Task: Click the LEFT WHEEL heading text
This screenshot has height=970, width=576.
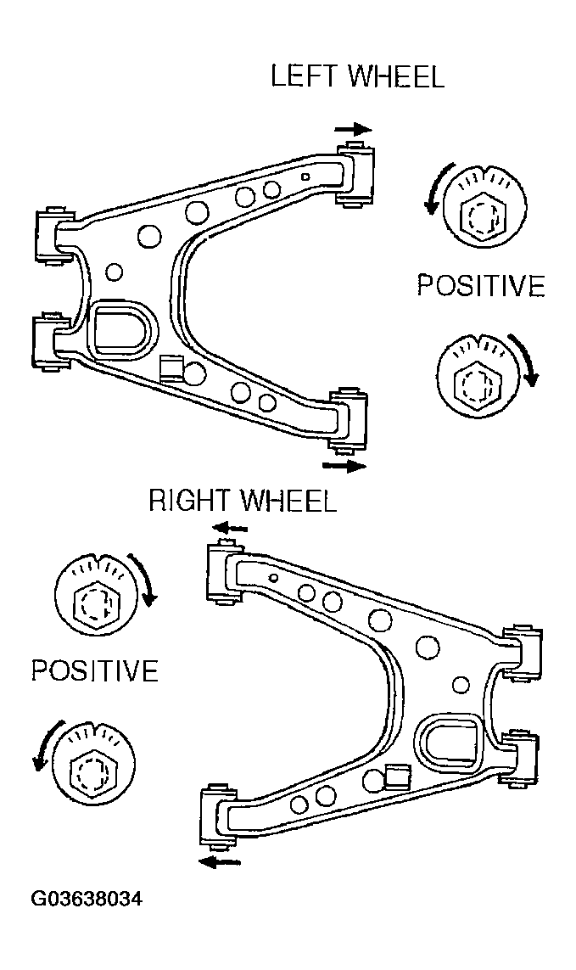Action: pos(358,76)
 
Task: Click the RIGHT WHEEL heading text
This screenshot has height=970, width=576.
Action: pos(243,500)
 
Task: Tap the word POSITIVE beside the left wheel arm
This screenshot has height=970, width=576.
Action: pos(481,285)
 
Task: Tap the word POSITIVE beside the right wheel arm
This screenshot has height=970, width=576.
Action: pos(95,670)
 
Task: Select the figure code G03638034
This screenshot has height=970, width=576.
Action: pos(87,898)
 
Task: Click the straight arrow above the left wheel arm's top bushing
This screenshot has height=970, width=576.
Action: pos(353,129)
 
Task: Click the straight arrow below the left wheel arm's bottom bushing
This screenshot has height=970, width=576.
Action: pos(344,466)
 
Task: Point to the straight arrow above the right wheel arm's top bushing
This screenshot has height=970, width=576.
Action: pos(230,528)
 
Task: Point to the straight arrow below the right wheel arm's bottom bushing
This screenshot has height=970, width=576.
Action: pos(221,861)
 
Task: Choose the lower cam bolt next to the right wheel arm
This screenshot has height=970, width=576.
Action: pos(94,763)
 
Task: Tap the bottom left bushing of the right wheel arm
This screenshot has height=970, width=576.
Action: pos(217,813)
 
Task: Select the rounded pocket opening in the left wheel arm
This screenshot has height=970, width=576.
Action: pos(122,331)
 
